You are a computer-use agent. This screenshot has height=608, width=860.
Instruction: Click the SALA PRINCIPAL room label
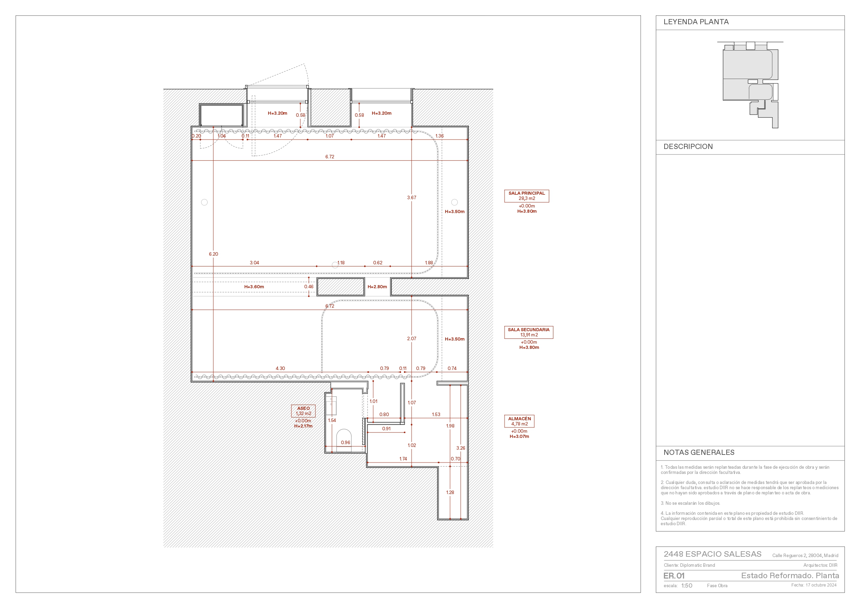click(527, 193)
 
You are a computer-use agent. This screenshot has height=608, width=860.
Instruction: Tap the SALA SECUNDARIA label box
click(528, 332)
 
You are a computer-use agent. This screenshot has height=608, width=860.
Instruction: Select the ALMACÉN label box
click(519, 421)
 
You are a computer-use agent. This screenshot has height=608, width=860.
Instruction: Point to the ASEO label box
click(304, 411)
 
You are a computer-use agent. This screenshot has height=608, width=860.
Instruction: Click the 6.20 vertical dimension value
click(213, 254)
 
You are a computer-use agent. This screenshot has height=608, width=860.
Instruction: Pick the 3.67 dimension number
click(412, 197)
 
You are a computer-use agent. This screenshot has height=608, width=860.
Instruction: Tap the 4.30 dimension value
click(280, 368)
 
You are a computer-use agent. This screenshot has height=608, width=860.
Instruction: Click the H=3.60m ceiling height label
click(254, 287)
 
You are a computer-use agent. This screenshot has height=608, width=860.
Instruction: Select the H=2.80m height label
click(377, 287)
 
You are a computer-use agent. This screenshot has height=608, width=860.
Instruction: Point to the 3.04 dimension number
click(254, 263)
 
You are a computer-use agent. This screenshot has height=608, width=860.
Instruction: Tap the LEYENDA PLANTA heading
click(696, 22)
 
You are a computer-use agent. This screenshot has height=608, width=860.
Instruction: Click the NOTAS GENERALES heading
click(699, 452)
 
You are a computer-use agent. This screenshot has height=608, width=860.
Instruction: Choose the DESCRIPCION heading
click(688, 147)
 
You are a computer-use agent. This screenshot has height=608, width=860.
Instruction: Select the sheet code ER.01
click(674, 576)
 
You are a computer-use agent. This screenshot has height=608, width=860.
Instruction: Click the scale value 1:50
click(686, 585)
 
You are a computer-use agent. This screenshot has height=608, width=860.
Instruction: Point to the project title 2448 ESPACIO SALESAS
click(712, 554)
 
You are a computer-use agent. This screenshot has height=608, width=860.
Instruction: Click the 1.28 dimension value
click(450, 492)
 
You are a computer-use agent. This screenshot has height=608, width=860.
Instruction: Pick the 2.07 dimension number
click(412, 338)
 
